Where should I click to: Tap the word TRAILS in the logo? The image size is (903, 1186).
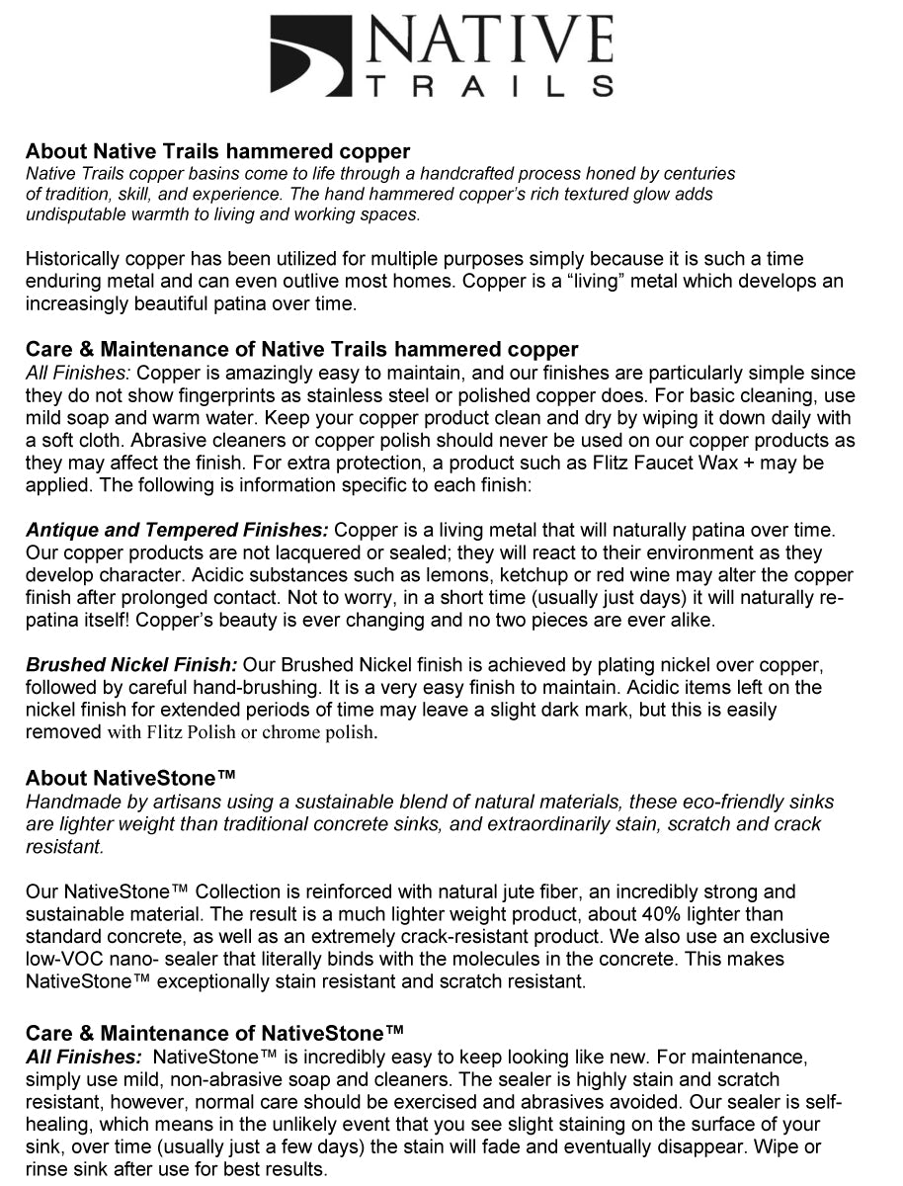[488, 87]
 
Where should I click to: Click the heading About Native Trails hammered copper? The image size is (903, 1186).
[217, 151]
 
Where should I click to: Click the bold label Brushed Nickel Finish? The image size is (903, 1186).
[131, 665]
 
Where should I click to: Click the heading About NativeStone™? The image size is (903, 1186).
[130, 778]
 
